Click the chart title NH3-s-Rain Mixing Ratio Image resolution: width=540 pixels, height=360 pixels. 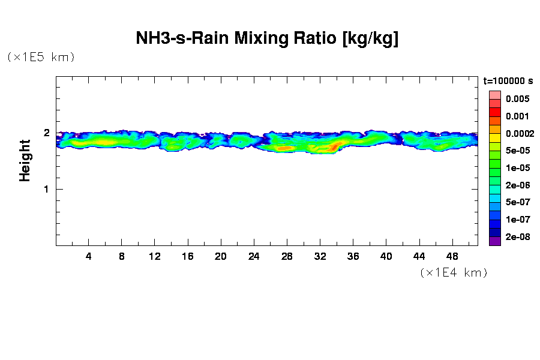coord(268,39)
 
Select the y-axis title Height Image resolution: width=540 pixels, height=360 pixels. coord(25,160)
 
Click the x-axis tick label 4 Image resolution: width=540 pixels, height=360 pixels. coord(89,257)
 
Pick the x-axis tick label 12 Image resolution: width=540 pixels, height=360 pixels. coord(155,257)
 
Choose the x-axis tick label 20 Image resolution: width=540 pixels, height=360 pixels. coord(221,257)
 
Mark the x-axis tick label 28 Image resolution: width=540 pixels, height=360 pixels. coord(287,257)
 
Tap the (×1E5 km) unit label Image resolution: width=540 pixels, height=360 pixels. coord(41,57)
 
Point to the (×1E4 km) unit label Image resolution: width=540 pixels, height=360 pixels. coord(454,272)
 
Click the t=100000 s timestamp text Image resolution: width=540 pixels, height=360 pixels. coord(508,80)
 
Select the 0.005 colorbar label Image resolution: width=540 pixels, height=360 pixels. coord(517,98)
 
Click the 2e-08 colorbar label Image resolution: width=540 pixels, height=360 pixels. coord(517,237)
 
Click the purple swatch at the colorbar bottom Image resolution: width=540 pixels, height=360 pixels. coord(495,242)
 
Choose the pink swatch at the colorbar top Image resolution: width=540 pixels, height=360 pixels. coord(495,95)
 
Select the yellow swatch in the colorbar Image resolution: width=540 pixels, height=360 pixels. coord(495,138)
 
